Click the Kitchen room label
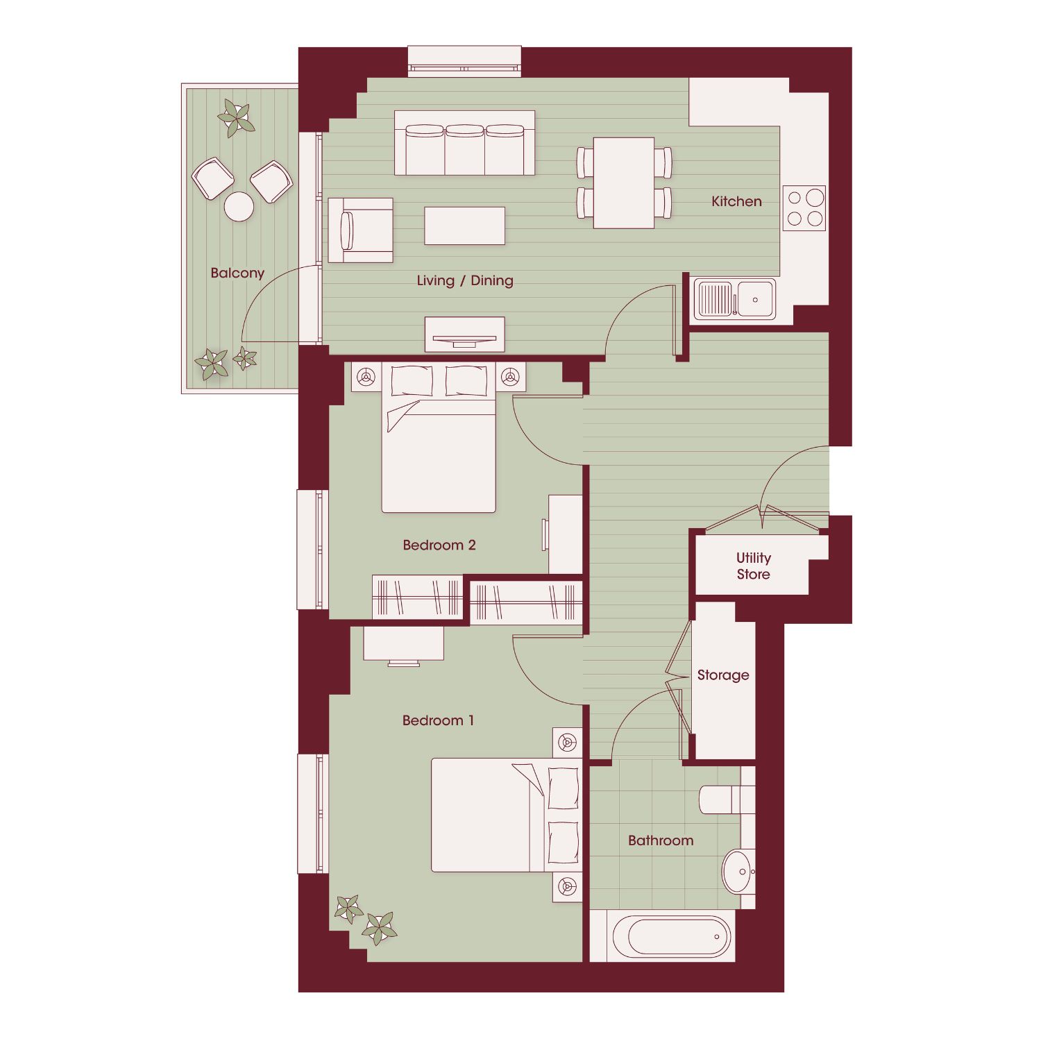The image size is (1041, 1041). point(736,201)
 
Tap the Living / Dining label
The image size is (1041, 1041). point(465,280)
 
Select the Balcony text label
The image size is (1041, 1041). point(237,273)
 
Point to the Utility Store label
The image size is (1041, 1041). point(754,566)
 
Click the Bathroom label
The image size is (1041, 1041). point(661,840)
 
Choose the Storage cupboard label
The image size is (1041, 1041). point(723,675)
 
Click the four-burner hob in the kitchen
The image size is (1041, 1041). point(804,208)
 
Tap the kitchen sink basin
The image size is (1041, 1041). point(756,300)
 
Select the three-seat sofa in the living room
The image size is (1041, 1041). point(465,143)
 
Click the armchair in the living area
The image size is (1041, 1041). point(360,230)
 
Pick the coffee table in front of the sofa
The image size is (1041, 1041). point(465,226)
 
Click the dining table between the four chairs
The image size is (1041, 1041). point(624,183)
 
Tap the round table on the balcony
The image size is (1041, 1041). point(239,206)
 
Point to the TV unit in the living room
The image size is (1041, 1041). point(465,335)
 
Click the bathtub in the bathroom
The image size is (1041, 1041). point(672,936)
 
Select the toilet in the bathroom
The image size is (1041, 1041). point(726,799)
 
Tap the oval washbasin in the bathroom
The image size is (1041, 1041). point(737,871)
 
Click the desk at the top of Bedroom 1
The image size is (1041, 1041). point(404,643)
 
